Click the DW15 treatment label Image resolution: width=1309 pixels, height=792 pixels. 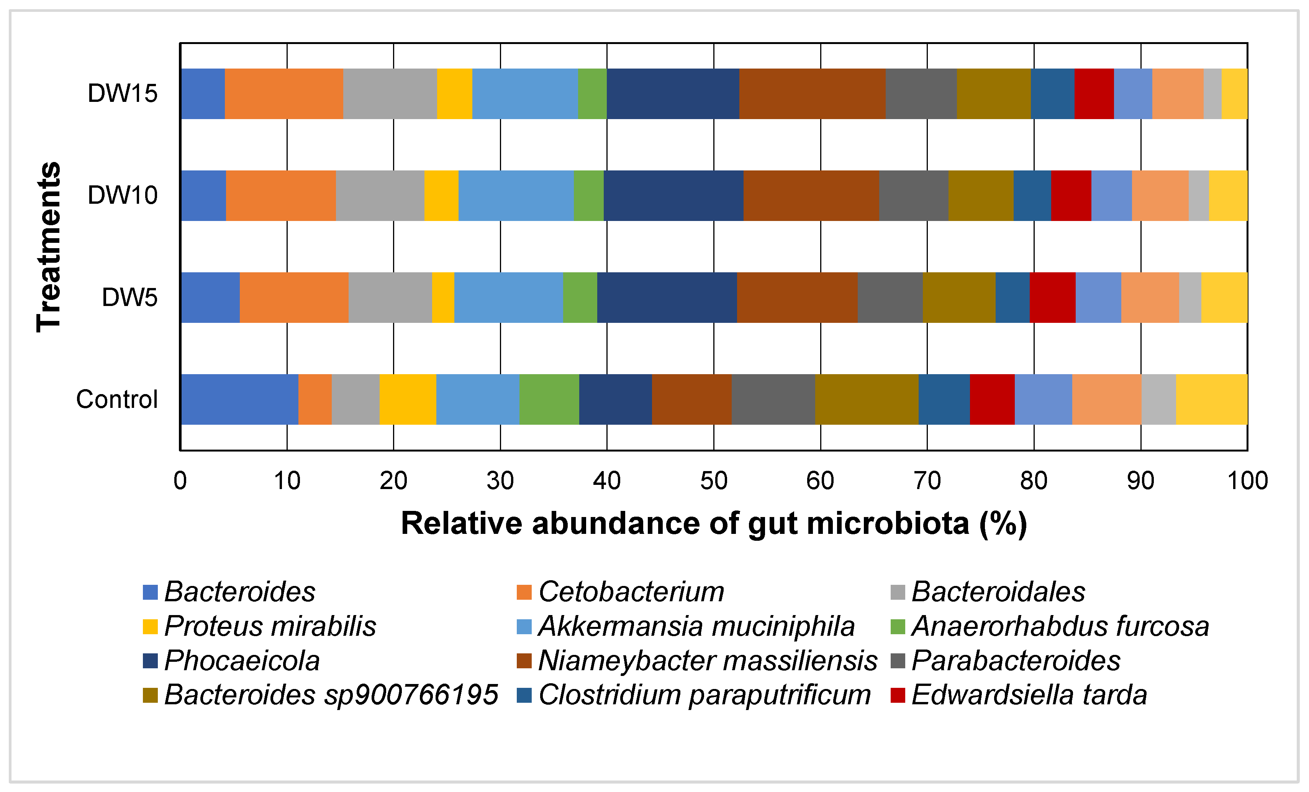pyautogui.click(x=122, y=93)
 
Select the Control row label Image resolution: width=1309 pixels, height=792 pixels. pyautogui.click(x=117, y=399)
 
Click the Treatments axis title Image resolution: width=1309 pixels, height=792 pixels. pyautogui.click(x=49, y=247)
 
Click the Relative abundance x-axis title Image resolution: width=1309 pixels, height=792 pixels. pyautogui.click(x=713, y=524)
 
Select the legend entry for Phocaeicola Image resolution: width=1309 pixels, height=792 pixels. pyautogui.click(x=242, y=661)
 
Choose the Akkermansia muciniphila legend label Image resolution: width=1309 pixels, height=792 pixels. pyautogui.click(x=696, y=626)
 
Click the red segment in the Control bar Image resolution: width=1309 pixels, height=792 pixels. pyautogui.click(x=992, y=399)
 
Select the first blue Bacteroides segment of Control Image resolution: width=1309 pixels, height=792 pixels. pyautogui.click(x=239, y=399)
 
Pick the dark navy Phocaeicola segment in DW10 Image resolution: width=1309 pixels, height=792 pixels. pyautogui.click(x=673, y=195)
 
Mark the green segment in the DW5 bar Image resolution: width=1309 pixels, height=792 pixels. pyautogui.click(x=580, y=298)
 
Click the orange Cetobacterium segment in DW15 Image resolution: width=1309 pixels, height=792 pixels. pyautogui.click(x=284, y=93)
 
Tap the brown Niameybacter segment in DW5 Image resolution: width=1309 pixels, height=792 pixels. pyautogui.click(x=797, y=298)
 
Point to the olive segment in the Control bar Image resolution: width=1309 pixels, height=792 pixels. pyautogui.click(x=867, y=399)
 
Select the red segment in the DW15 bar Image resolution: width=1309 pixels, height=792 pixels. pyautogui.click(x=1094, y=93)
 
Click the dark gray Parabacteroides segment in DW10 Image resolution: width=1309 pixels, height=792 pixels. pyautogui.click(x=913, y=195)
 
